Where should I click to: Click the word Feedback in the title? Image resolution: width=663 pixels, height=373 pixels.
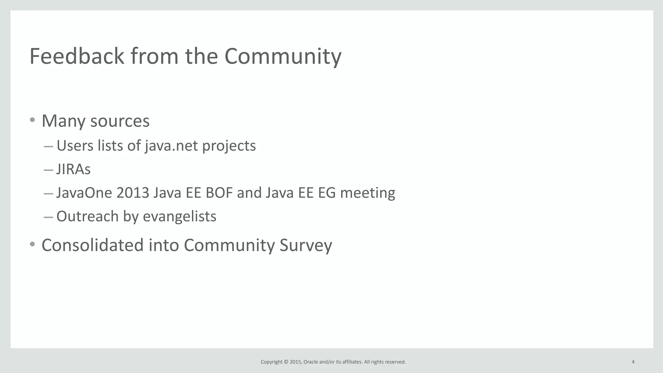tap(77, 56)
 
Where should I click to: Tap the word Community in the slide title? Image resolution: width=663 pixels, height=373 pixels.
tap(283, 56)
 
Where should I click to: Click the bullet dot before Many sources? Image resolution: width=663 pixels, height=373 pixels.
tap(32, 120)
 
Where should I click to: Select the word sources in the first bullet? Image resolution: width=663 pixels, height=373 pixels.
tap(120, 121)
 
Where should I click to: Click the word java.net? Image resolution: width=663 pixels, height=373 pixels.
tap(171, 146)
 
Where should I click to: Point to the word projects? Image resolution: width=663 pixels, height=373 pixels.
tap(229, 146)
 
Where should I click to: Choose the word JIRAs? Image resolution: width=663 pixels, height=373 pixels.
tap(73, 169)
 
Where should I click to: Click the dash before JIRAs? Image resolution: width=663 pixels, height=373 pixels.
tap(48, 170)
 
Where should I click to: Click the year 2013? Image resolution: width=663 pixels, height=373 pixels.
tap(133, 193)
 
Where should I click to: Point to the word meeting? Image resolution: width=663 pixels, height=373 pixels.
tap(367, 193)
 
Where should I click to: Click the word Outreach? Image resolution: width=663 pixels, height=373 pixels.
tap(87, 216)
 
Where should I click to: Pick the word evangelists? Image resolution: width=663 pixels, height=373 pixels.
tap(179, 216)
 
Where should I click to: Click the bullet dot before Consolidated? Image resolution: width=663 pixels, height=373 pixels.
tap(32, 244)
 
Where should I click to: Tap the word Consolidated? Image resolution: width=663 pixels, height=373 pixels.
tap(92, 245)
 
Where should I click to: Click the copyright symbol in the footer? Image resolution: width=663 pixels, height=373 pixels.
tap(286, 362)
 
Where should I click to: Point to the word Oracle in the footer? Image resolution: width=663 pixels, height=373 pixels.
tap(310, 362)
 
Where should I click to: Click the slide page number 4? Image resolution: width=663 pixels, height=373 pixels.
tap(633, 362)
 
